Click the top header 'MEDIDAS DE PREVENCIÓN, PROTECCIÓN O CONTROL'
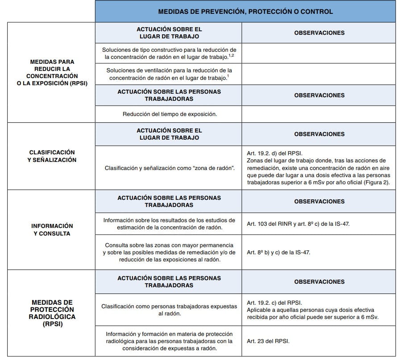pos(245,12)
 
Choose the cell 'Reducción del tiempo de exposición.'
pos(170,114)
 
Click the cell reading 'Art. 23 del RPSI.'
pos(268,341)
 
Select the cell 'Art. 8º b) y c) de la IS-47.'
pos(278,252)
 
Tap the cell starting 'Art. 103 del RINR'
pos(298,223)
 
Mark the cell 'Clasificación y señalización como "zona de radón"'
pos(170,168)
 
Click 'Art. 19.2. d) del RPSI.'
pos(277,153)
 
